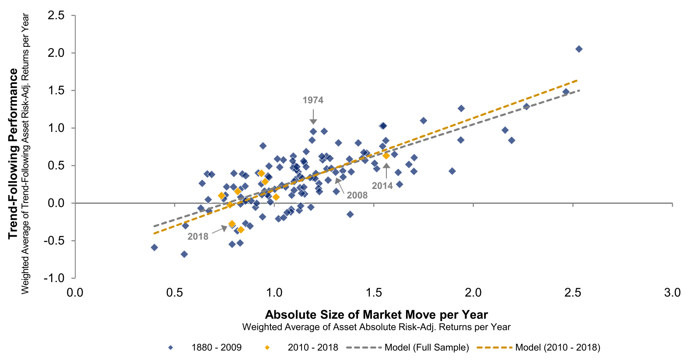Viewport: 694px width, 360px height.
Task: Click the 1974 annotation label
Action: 313,100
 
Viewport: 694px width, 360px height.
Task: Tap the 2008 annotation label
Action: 357,196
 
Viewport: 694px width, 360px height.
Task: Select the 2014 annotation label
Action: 382,186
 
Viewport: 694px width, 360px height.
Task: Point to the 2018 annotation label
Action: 198,237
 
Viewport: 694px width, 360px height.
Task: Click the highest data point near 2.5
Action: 578,49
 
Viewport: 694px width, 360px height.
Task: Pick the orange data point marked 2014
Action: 386,156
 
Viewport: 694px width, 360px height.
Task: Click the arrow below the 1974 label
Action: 313,117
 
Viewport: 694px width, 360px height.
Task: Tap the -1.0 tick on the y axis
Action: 54,278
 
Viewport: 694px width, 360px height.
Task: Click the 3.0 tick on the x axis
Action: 672,293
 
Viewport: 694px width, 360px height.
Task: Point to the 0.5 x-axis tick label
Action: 175,293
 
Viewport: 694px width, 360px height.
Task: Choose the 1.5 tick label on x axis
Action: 374,293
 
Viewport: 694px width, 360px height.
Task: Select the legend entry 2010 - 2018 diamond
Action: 267,348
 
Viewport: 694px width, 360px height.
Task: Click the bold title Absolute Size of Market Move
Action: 376,315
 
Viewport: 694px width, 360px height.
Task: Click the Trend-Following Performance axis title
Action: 13,153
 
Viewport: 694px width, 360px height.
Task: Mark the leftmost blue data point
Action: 154,248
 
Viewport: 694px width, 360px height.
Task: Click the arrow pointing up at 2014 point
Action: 386,171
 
